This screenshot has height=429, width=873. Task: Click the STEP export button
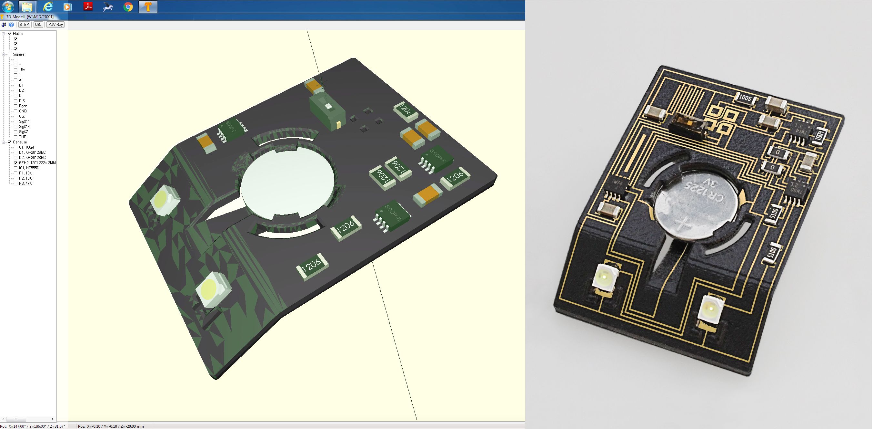tap(24, 25)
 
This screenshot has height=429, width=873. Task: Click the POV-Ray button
tap(55, 25)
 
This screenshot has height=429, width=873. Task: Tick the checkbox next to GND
tap(15, 111)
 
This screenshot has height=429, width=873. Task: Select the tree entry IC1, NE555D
tap(29, 168)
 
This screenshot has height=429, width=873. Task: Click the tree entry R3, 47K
tap(25, 183)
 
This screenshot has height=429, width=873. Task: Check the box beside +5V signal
tap(15, 69)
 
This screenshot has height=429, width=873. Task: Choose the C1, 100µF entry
tap(27, 147)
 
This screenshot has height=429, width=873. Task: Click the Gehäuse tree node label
tap(20, 142)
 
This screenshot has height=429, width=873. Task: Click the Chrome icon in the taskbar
tap(128, 6)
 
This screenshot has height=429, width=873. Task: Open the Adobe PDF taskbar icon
tap(88, 6)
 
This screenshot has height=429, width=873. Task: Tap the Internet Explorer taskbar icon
tap(48, 6)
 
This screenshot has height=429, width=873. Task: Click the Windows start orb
tap(8, 6)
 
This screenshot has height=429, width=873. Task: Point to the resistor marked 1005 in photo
tap(745, 98)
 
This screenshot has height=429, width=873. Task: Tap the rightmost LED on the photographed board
tap(711, 309)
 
